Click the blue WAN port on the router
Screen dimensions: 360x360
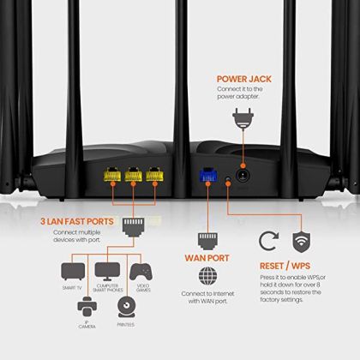[206, 172]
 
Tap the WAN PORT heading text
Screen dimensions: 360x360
[207, 255]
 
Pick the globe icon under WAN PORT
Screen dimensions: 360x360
[207, 277]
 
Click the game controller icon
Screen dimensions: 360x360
[142, 272]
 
